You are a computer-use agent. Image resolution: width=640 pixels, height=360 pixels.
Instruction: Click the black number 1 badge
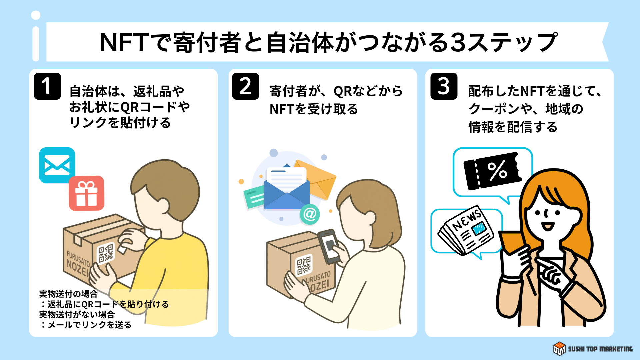(47, 86)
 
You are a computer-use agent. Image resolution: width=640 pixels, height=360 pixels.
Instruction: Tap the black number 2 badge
(246, 86)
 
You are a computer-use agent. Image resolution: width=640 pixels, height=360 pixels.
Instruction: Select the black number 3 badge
(444, 86)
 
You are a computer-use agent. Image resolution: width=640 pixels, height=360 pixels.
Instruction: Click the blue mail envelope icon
(57, 165)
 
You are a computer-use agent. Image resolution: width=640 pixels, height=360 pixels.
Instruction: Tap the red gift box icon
(87, 193)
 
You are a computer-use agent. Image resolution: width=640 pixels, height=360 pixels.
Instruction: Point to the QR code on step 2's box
(304, 265)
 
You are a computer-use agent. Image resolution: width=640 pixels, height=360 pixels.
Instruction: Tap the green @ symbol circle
(310, 214)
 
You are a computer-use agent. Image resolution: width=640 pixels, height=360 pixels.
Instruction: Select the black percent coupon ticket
(492, 171)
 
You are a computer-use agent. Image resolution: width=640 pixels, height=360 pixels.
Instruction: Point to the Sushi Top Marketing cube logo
(559, 349)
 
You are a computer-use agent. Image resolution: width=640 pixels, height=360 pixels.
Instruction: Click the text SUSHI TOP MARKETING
(600, 349)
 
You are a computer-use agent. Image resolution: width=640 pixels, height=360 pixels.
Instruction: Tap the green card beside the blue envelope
(254, 198)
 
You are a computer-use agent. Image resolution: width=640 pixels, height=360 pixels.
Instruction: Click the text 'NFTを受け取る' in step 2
(314, 109)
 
